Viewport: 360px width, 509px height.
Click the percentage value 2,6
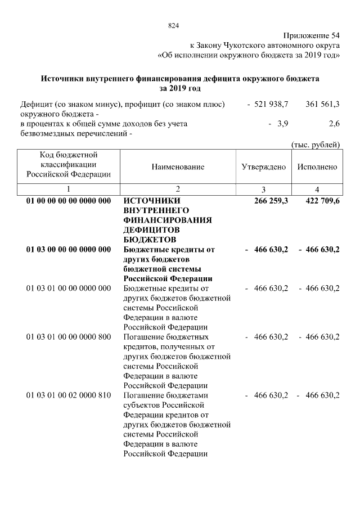pos(334,123)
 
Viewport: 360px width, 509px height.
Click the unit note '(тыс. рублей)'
pos(316,145)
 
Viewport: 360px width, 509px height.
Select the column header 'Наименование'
pos(178,167)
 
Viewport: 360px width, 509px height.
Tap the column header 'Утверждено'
pos(263,167)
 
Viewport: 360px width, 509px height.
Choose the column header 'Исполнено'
pos(317,167)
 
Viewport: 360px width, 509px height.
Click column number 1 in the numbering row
pos(69,189)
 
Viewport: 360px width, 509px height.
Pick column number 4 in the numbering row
pos(317,189)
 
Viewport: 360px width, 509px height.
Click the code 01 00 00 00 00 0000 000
pos(69,201)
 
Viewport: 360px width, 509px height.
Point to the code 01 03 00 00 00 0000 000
pos(69,249)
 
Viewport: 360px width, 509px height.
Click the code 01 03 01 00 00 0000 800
pos(69,337)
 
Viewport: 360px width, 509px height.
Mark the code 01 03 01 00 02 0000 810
pos(69,395)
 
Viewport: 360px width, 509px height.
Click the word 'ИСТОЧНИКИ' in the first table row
pos(151,201)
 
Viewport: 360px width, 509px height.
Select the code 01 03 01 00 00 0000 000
pos(69,289)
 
